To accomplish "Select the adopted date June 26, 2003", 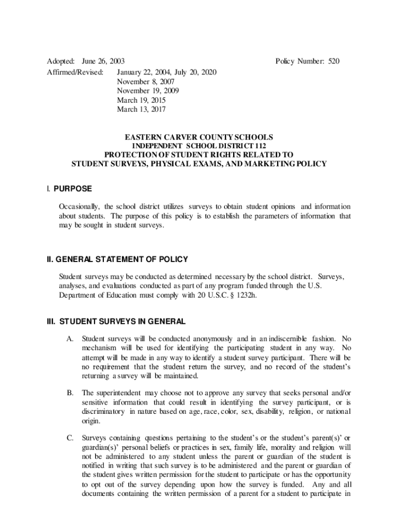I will click(103, 61).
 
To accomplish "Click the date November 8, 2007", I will click(145, 82).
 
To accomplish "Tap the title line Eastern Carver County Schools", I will click(199, 137).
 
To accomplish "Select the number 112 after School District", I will click(260, 146).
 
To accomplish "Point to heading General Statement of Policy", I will click(118, 259).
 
